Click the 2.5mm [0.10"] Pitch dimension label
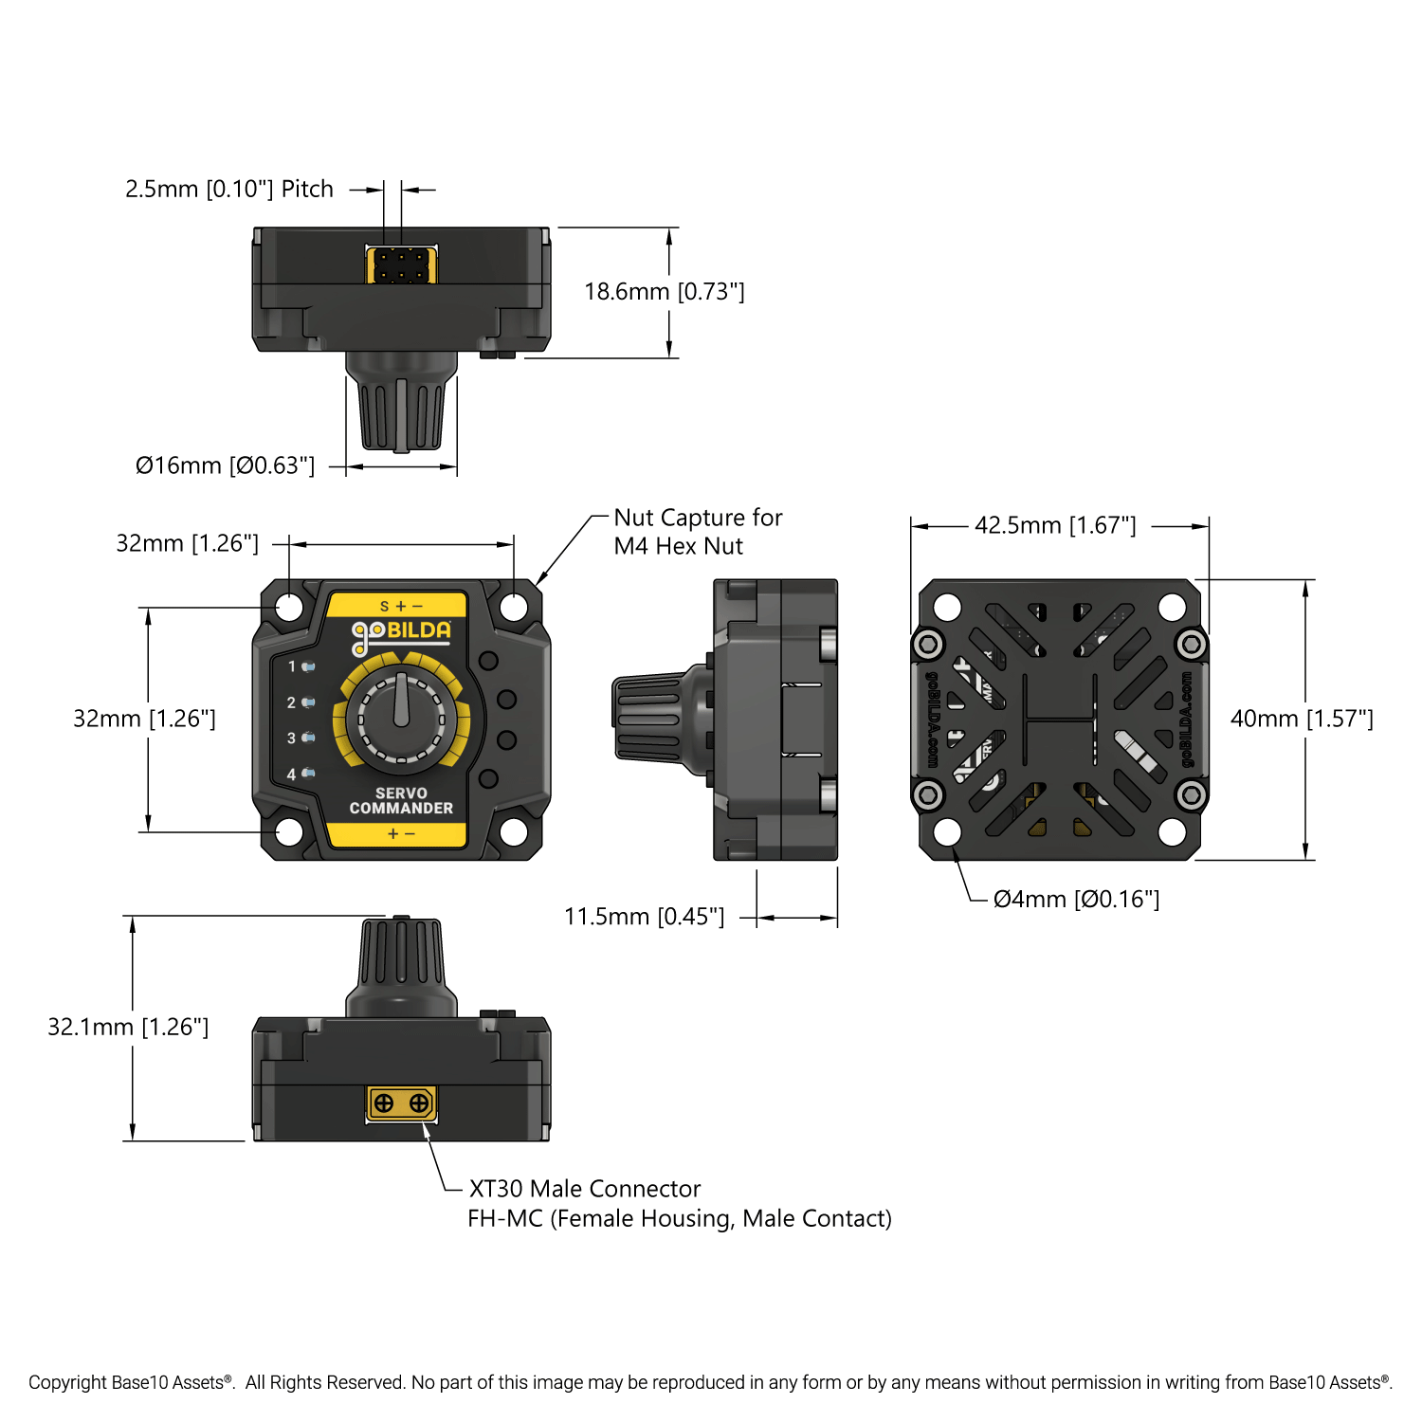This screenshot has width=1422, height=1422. [x=229, y=190]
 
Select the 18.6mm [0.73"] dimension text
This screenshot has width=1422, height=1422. [x=665, y=292]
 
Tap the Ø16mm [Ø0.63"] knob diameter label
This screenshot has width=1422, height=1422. [x=225, y=466]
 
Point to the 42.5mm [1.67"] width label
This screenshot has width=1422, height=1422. [x=1055, y=525]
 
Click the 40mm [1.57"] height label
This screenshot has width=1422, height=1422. [x=1302, y=719]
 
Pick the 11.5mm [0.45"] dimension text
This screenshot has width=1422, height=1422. [x=644, y=917]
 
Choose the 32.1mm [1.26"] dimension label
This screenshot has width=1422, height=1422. [x=128, y=1027]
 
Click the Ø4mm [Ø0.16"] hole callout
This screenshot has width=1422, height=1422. [x=1076, y=899]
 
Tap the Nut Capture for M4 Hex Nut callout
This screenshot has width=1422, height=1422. [x=698, y=532]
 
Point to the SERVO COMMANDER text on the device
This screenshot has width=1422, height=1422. [x=401, y=801]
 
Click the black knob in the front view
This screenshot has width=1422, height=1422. [x=402, y=718]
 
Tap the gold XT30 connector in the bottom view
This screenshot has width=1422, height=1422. [x=401, y=1103]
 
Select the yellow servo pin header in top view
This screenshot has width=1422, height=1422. [x=401, y=264]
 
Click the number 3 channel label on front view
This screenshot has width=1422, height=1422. [x=292, y=738]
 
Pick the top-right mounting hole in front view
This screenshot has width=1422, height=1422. [x=514, y=607]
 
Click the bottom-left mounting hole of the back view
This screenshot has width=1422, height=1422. [x=947, y=832]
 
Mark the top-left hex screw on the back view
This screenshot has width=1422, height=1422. [x=928, y=645]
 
